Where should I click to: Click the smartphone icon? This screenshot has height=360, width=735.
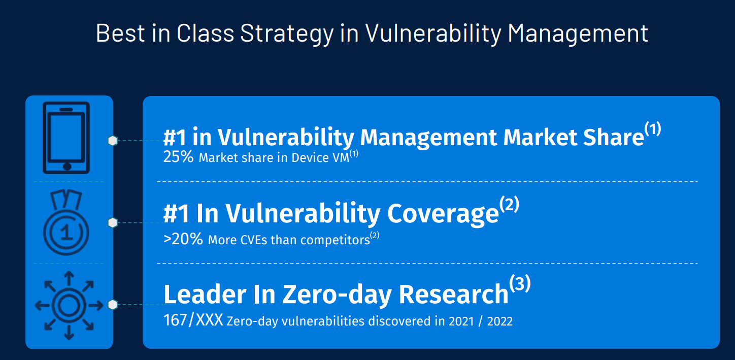pos(66,138)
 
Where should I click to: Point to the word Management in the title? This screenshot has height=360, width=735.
pos(578,33)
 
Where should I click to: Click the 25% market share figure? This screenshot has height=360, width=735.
pos(178,157)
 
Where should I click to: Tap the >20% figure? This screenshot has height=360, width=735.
pos(183,239)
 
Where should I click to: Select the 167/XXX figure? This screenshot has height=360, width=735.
pos(193,321)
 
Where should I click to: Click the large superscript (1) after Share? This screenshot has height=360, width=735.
pos(653,129)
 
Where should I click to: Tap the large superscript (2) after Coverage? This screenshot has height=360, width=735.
pos(509,205)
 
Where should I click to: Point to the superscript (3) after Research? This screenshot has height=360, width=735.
pos(520,284)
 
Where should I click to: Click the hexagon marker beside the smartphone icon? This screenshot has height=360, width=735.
pos(113,141)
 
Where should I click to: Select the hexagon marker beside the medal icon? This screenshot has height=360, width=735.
pos(113,222)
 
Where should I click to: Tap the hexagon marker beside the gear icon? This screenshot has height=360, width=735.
pos(113,305)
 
